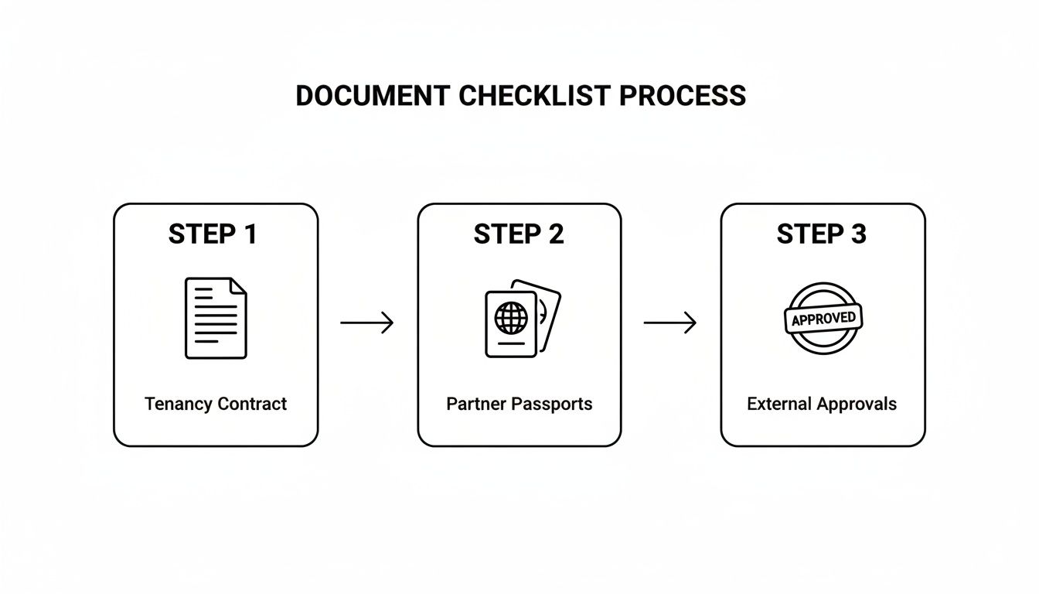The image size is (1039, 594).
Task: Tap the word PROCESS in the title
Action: [x=683, y=96]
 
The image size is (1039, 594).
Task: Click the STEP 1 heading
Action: [x=213, y=234]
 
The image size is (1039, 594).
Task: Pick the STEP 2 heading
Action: [x=519, y=234]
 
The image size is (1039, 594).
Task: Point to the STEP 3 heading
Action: [x=821, y=234]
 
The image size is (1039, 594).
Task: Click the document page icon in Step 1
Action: [x=216, y=318]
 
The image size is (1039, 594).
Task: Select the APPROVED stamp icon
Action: [x=823, y=318]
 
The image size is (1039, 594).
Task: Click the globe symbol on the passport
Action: [x=511, y=317]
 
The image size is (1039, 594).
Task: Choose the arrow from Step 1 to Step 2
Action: [x=367, y=323]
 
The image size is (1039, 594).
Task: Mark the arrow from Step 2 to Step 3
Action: [x=670, y=323]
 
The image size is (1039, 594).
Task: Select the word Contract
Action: [x=252, y=404]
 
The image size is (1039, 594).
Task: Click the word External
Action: [x=779, y=404]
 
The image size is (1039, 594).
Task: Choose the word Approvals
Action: [x=857, y=405]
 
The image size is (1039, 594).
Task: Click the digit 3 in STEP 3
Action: [x=858, y=234]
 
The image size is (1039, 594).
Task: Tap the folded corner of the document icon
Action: [x=239, y=285]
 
